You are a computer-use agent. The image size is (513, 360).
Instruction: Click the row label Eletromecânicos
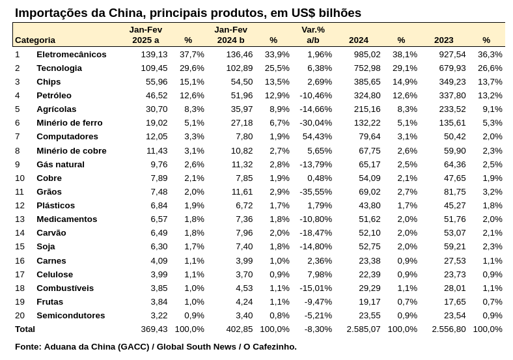(x=72, y=54)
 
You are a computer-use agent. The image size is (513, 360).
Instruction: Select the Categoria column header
(x=35, y=40)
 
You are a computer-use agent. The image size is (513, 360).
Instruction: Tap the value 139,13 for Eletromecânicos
(x=154, y=54)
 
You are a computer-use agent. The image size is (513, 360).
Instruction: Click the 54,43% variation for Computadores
(x=317, y=137)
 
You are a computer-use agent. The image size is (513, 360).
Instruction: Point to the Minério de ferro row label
(x=70, y=123)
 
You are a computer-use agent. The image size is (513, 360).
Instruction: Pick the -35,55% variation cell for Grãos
(x=316, y=192)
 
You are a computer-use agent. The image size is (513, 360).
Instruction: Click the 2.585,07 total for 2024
(x=363, y=329)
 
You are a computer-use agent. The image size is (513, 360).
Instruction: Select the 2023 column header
(x=443, y=40)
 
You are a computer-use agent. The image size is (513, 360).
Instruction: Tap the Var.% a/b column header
(x=313, y=35)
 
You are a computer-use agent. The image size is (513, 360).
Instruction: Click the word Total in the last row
(x=25, y=329)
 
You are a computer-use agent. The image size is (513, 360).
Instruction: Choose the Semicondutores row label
(x=71, y=316)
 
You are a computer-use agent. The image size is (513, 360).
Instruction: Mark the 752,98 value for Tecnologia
(x=367, y=68)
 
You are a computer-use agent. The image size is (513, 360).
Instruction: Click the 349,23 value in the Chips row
(x=452, y=82)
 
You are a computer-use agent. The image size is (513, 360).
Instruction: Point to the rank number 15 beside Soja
(x=20, y=247)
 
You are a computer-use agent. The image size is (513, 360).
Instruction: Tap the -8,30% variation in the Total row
(x=318, y=329)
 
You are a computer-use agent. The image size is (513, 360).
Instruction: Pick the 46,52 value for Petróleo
(x=156, y=96)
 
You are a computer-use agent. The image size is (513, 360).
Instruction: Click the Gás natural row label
(x=61, y=164)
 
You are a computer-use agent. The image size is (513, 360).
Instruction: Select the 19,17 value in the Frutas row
(x=370, y=302)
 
